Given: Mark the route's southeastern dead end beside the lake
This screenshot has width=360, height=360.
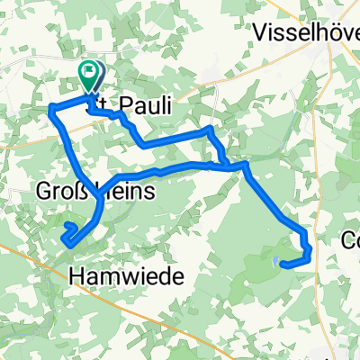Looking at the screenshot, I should [283, 264].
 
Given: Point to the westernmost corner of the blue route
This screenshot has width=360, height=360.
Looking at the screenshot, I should [49, 110].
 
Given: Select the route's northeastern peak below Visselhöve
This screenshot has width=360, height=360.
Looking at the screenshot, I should [209, 130].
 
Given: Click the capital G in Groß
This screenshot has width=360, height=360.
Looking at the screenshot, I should [45, 191].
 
